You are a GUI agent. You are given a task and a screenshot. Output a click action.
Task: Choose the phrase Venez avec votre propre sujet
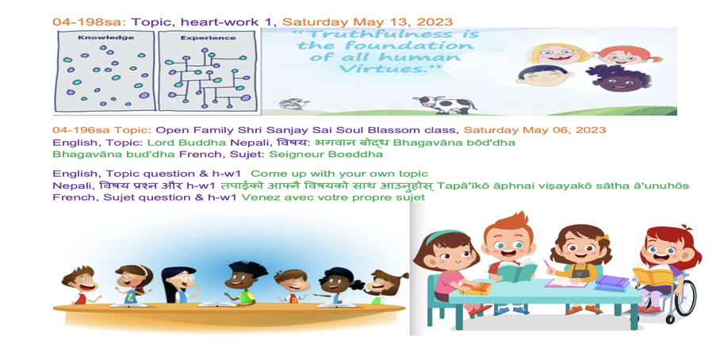[333, 197]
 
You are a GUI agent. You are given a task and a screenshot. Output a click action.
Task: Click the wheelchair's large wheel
[684, 297]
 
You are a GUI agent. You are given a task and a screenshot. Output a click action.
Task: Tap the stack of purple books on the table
[612, 283]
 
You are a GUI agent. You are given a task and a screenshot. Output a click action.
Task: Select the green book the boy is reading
[515, 272]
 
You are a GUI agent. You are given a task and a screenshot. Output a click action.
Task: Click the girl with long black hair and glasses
[179, 285]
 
